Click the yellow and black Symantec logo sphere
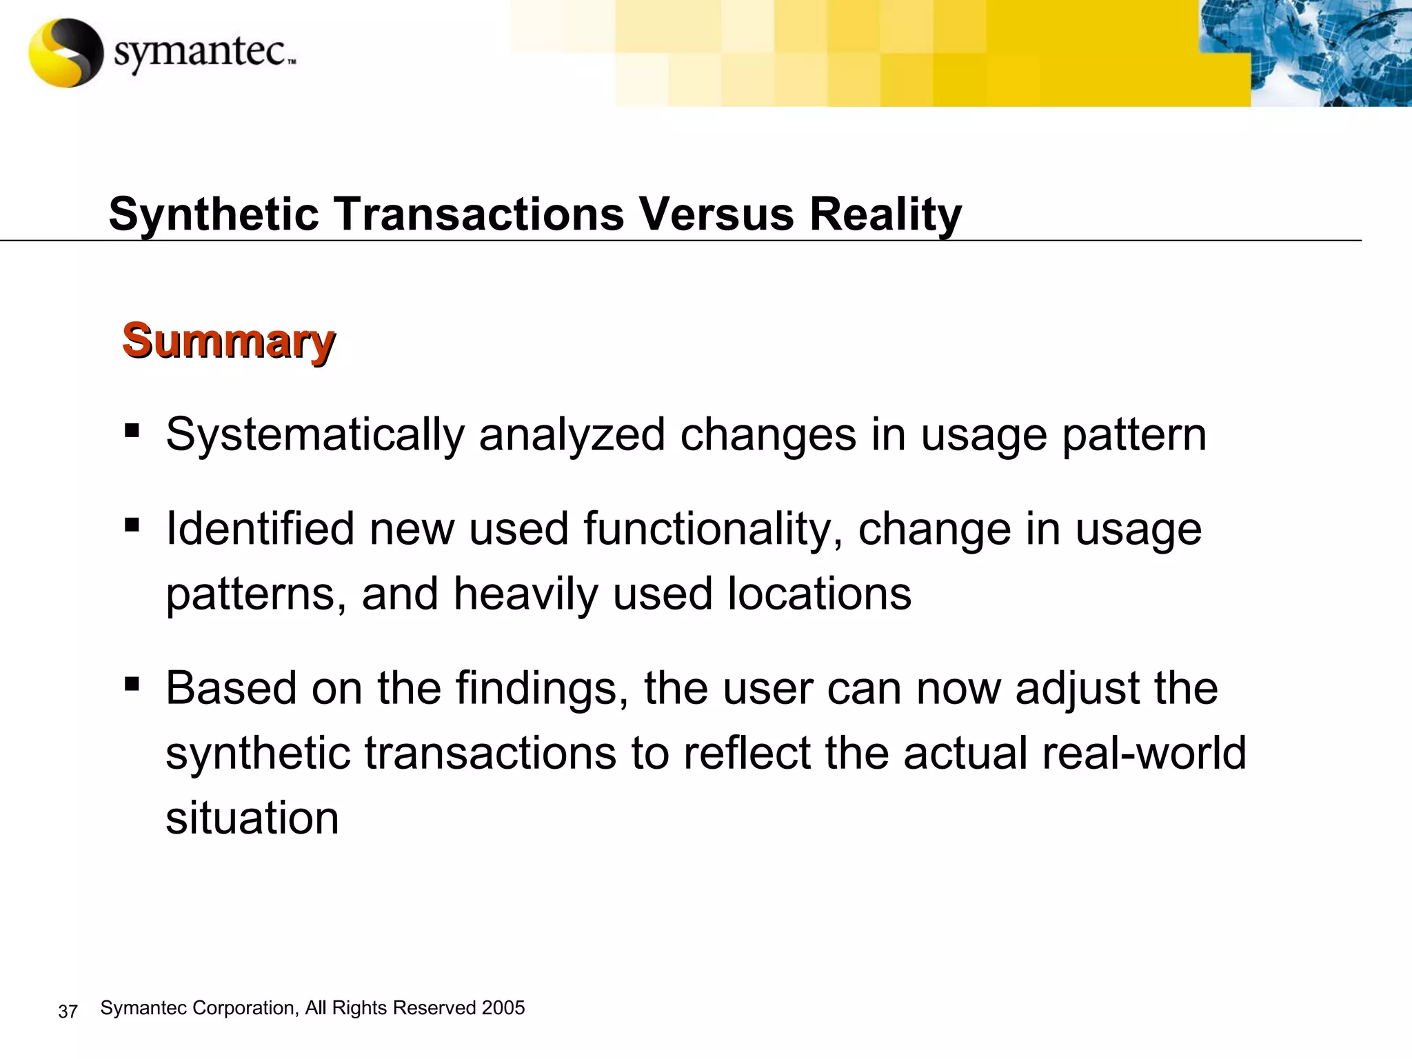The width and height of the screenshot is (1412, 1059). tap(65, 53)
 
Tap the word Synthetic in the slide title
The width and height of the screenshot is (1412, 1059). tap(213, 214)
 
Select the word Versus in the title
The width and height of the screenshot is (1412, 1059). tap(716, 214)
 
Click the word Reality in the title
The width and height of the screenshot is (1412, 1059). tap(885, 214)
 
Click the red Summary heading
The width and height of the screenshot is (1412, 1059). tap(228, 341)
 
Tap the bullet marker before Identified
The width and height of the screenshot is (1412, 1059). tap(132, 526)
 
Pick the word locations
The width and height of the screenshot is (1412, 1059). tap(820, 594)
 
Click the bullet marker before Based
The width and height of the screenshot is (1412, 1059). tap(132, 685)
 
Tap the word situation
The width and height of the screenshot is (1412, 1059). tap(252, 818)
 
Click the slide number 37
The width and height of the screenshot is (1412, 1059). tap(68, 1011)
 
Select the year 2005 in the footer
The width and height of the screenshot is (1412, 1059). tap(503, 1008)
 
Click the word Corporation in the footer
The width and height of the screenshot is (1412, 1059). tap(245, 1008)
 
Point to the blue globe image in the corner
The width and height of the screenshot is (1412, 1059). tap(1310, 52)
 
